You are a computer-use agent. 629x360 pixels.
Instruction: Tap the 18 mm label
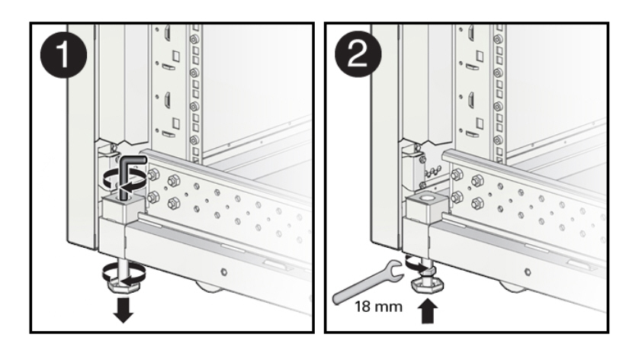pos(378,307)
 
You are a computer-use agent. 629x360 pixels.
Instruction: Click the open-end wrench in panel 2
pos(367,283)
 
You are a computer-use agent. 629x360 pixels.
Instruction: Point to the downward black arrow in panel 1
pos(124,310)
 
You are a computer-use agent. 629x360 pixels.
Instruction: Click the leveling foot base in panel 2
pos(428,286)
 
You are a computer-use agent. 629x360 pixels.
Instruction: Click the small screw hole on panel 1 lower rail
pos(224,272)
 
